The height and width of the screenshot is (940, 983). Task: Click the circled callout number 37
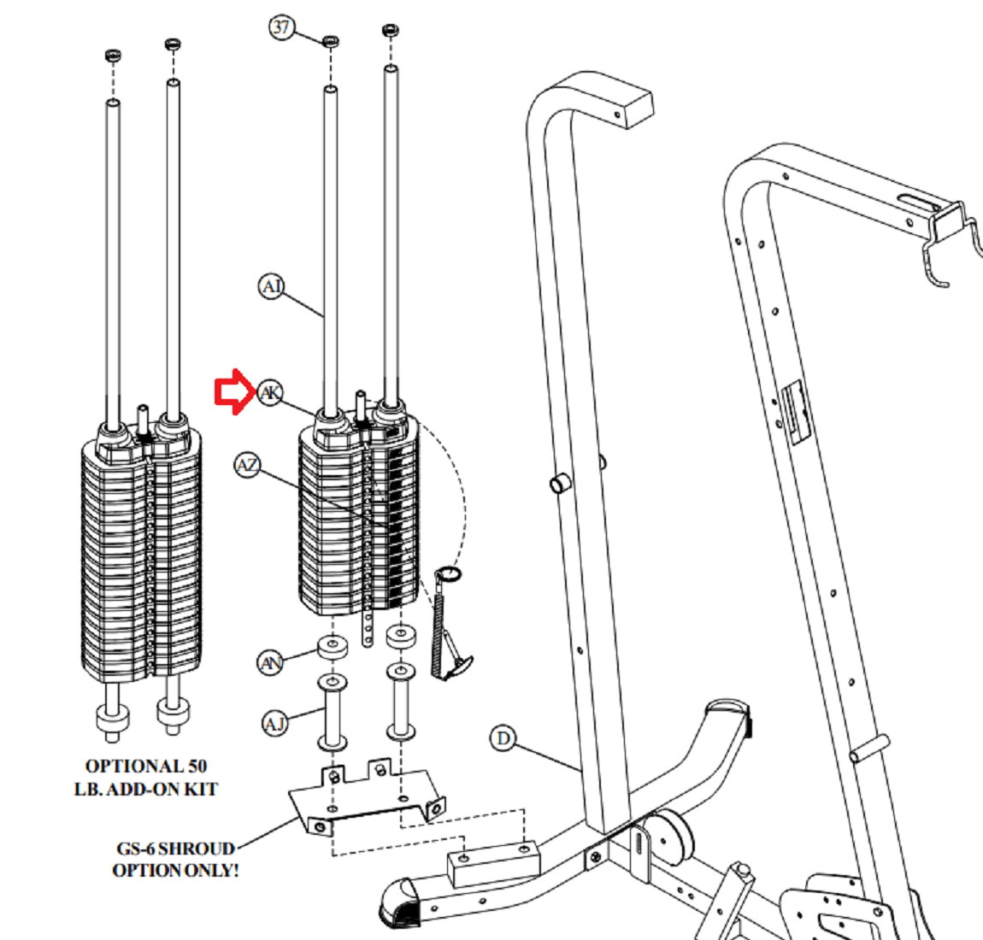click(282, 27)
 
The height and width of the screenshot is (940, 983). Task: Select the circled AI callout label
click(271, 286)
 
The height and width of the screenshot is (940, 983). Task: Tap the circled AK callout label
click(270, 393)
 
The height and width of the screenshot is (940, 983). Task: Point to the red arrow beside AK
click(233, 393)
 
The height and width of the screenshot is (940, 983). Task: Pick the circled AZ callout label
click(247, 466)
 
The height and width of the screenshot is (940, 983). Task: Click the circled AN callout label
click(271, 662)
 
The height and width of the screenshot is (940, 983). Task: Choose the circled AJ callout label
click(274, 725)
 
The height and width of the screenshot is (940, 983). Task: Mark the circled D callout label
click(503, 737)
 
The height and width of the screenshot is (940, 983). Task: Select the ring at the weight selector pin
click(449, 574)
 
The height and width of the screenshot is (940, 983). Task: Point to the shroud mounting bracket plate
click(368, 799)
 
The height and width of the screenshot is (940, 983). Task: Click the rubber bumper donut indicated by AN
click(333, 646)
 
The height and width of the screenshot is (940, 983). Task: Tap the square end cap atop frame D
click(628, 103)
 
